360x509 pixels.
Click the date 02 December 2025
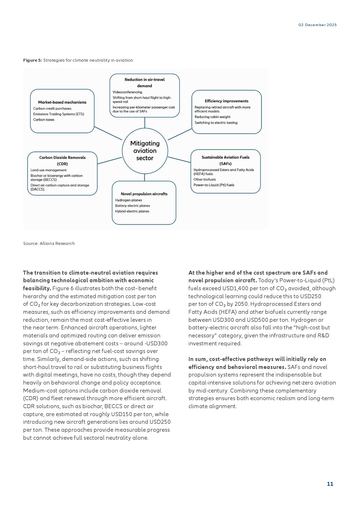pos(318,25)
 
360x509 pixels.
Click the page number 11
pos(330,484)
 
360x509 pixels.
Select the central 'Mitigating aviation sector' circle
pos(145,151)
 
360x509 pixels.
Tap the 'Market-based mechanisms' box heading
pos(62,102)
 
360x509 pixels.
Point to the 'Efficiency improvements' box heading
pos(226,101)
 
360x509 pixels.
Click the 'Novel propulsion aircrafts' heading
pos(144,194)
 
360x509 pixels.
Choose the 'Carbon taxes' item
pos(44,120)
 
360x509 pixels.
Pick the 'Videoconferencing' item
pos(127,92)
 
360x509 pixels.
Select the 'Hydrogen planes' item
pos(128,200)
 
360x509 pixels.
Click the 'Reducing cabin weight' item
pos(212,117)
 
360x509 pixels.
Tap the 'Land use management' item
pos(49,170)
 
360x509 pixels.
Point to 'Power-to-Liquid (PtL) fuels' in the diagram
pos(214,185)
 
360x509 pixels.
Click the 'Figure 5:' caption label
pos(32,60)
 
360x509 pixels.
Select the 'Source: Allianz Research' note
pos(49,243)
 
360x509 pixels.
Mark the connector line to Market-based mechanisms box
pos(108,133)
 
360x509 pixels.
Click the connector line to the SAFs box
pos(179,160)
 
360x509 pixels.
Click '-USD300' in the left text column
pos(156,344)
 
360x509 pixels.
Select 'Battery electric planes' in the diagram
pos(132,206)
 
